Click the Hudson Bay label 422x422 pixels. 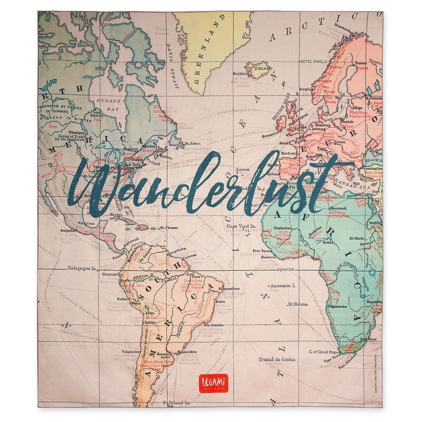point(104,104)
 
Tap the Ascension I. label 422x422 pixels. point(283,284)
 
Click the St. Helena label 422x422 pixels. point(298,304)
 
